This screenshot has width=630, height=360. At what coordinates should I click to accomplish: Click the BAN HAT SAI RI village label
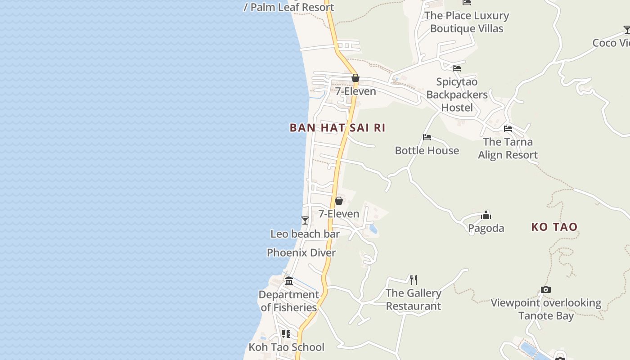point(337,128)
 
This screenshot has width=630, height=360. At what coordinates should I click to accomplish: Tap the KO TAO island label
point(554,227)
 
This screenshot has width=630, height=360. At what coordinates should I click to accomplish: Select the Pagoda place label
point(486,228)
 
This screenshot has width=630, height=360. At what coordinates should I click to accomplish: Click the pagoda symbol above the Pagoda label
point(486,215)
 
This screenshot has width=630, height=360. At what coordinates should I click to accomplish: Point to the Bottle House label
point(427,150)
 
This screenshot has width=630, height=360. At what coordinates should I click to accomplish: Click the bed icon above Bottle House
point(427,137)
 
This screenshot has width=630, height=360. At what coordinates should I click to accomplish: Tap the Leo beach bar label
point(305,234)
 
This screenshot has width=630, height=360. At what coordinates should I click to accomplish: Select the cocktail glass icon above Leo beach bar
point(305,220)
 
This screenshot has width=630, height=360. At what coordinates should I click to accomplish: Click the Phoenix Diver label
point(301,253)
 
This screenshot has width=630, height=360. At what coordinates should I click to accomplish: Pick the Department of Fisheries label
point(288,301)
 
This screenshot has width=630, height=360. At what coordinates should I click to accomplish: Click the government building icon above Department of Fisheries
point(289,281)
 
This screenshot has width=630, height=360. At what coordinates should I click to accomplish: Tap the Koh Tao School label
point(286,347)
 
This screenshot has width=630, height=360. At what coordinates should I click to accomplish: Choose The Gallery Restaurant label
point(413,300)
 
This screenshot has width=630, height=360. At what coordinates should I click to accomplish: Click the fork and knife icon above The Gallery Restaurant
point(414,280)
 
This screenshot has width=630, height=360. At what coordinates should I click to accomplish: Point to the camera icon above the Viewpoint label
point(545,289)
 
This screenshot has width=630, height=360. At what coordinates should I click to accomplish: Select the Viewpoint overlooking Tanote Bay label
point(546,309)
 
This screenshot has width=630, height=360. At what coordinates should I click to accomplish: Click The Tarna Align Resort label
point(508,148)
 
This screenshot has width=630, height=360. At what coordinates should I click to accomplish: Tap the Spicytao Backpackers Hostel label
point(457,95)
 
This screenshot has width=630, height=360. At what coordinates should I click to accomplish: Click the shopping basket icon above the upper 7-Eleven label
point(355,78)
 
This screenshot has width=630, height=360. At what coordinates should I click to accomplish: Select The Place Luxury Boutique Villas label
point(467,22)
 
